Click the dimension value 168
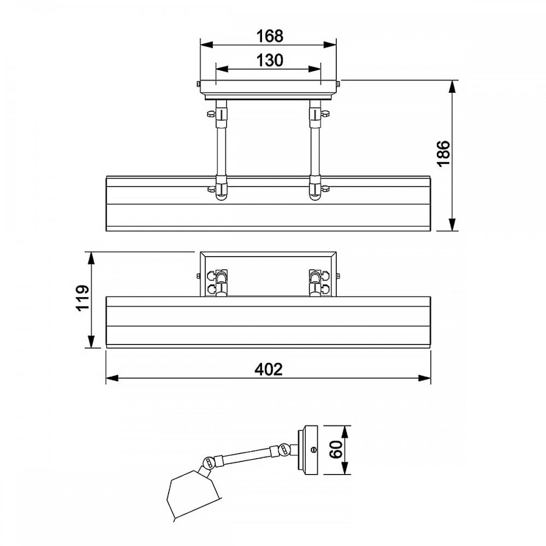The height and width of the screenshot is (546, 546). (270, 36)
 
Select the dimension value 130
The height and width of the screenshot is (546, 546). (270, 60)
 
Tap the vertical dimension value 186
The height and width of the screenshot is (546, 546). (443, 154)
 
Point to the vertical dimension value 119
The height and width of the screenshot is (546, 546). (83, 298)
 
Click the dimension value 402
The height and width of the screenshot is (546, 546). (269, 370)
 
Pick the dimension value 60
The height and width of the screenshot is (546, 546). (336, 449)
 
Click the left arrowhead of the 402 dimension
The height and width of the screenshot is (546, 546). (112, 378)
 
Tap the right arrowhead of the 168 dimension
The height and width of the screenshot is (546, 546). (329, 45)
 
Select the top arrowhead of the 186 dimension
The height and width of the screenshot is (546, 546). (452, 87)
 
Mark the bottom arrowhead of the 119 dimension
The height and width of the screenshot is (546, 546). (91, 341)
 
